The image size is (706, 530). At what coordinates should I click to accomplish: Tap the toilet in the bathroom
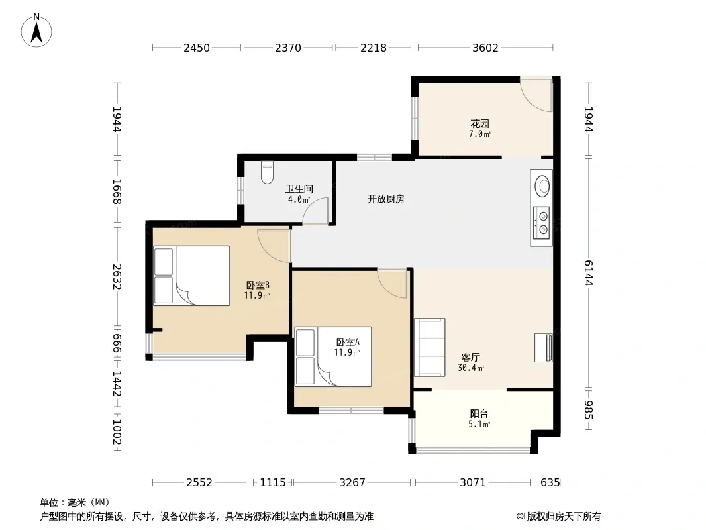(x=267, y=173)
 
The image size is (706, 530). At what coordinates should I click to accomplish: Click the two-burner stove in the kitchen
(x=542, y=223)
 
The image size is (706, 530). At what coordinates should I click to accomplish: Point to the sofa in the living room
(x=430, y=347)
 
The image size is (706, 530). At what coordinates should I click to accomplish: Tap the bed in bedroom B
(x=192, y=276)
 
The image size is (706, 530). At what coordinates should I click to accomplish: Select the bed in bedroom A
(x=333, y=356)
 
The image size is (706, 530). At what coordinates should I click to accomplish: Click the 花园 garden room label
(x=480, y=123)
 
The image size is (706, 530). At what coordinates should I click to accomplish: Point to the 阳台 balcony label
(x=479, y=413)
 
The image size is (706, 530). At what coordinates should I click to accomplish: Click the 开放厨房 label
(x=386, y=199)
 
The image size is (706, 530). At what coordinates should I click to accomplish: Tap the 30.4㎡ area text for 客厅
(x=471, y=368)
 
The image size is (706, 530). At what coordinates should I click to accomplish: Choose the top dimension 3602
(x=485, y=48)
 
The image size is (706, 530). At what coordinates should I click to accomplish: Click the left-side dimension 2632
(x=117, y=276)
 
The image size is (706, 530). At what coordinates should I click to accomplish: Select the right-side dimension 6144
(x=589, y=273)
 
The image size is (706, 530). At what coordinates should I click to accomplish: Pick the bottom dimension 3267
(x=352, y=483)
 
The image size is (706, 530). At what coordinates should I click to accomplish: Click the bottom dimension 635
(x=550, y=483)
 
